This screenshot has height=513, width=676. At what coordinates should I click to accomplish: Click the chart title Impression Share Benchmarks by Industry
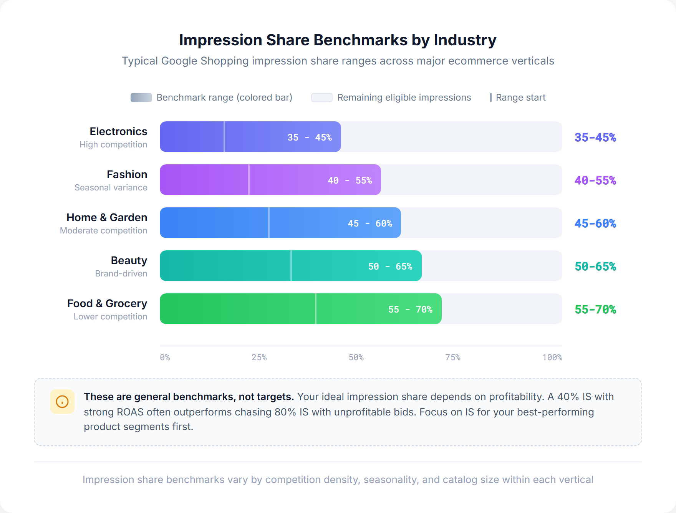338,40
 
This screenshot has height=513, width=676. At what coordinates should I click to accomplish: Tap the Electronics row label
118,131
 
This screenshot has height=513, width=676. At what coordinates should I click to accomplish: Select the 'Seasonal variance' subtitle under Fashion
111,187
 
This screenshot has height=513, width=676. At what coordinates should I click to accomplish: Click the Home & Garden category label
107,217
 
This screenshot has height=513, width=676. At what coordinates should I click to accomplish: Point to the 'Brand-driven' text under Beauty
121,273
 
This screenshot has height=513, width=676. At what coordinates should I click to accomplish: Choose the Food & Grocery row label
107,303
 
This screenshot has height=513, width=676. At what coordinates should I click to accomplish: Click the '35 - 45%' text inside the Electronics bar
309,137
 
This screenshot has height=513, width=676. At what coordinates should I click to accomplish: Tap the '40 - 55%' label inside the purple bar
350,180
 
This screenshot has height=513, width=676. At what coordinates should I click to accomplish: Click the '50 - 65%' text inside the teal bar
390,266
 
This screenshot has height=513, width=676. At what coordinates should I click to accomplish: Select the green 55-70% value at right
595,309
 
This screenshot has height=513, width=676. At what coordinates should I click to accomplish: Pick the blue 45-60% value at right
595,223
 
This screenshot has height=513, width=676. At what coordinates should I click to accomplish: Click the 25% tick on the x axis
259,357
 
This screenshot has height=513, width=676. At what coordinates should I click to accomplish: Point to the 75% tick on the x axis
453,357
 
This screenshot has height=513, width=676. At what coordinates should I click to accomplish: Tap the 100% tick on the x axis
552,357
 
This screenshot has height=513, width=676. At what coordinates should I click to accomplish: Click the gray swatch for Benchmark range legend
141,98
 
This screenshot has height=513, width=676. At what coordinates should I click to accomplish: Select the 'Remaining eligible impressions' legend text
404,98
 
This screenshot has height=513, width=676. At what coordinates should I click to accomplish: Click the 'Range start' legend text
520,98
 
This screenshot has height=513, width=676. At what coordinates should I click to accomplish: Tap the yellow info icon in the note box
62,402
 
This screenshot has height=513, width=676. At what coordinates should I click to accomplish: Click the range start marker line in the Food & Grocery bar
316,309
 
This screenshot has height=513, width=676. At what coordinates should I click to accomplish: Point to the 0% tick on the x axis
165,357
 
